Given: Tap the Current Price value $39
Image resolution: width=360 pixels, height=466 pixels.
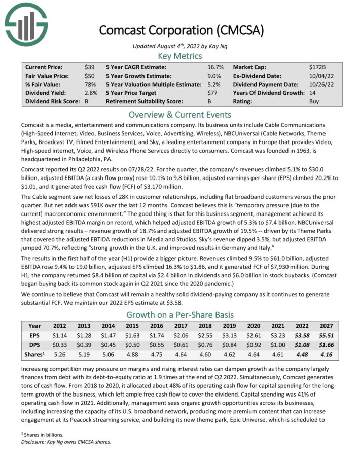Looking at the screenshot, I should (89, 67).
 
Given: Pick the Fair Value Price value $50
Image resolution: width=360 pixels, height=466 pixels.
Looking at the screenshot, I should (89, 76).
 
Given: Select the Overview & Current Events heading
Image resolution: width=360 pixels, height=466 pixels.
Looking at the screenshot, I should (180, 114).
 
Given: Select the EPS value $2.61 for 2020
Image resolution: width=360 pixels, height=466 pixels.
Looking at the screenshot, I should (254, 336).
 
